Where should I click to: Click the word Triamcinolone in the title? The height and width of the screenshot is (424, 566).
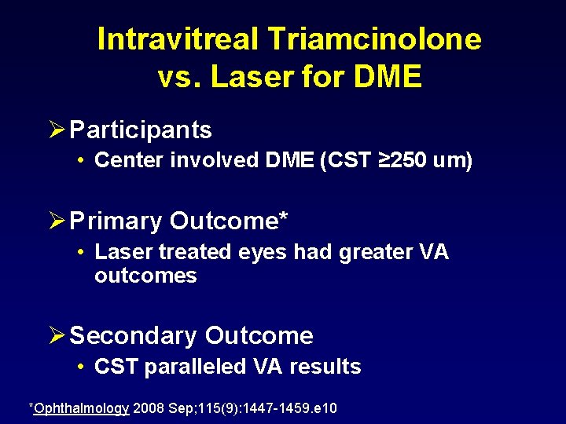click(377, 38)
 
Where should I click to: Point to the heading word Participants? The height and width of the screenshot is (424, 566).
click(141, 130)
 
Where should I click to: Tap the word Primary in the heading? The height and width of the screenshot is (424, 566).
click(116, 221)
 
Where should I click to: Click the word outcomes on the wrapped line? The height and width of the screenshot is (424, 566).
click(145, 276)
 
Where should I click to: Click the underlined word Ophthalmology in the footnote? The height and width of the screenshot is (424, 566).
click(81, 408)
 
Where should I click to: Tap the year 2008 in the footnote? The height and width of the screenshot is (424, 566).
click(149, 408)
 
